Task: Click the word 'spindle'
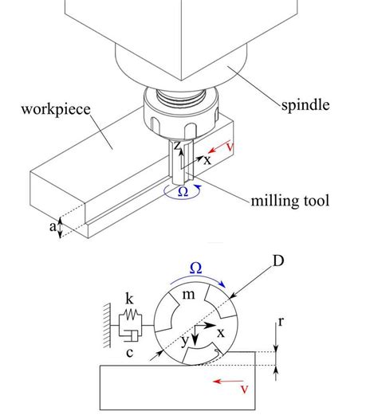click(x=305, y=105)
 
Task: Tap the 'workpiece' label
click(x=56, y=110)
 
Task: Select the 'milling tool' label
click(x=290, y=201)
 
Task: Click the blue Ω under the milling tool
click(x=183, y=192)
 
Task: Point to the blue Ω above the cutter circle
click(x=195, y=268)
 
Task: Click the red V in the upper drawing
click(x=230, y=147)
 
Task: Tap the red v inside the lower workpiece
click(x=245, y=390)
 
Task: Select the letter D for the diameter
click(x=278, y=260)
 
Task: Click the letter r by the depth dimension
click(x=281, y=322)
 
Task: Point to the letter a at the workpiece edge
click(x=53, y=227)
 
